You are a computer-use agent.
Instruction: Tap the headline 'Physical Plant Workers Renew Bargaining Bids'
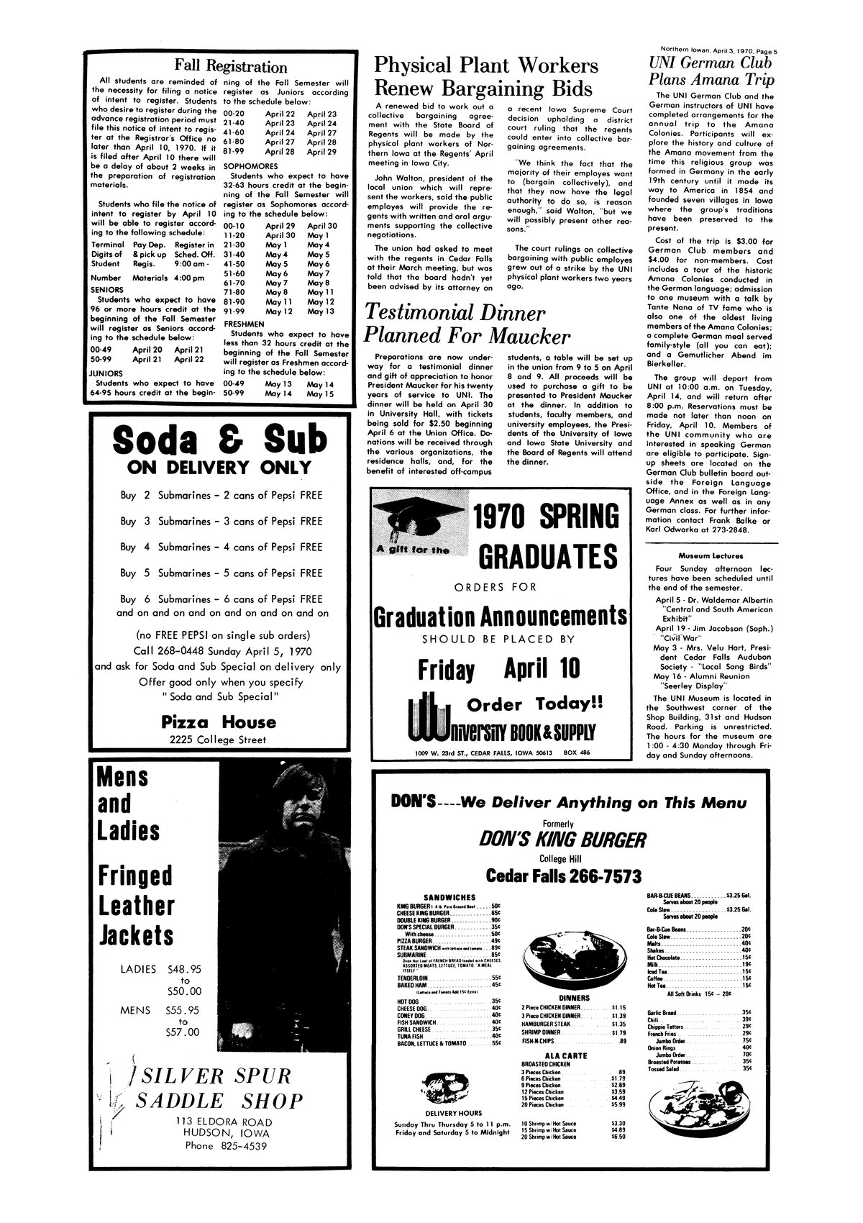[x=485, y=77]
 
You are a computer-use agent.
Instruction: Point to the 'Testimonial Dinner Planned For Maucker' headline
[x=467, y=324]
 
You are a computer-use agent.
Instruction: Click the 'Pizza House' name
[x=218, y=722]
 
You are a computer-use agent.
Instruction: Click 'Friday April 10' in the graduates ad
[x=498, y=669]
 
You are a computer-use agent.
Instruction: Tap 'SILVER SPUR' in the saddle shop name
[x=215, y=1076]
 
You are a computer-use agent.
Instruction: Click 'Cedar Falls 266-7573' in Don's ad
[x=564, y=876]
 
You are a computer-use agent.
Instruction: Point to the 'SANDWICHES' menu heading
[x=448, y=897]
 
